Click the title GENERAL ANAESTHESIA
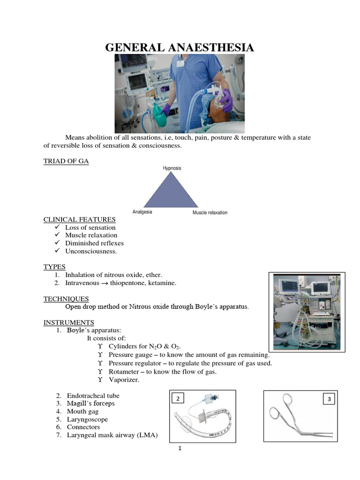pyautogui.click(x=180, y=47)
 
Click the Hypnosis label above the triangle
pyautogui.click(x=172, y=168)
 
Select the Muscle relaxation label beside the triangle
pyautogui.click(x=210, y=212)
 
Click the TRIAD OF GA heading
pyautogui.click(x=66, y=161)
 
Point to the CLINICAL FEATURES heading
pyautogui.click(x=79, y=219)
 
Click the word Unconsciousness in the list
pyautogui.click(x=91, y=251)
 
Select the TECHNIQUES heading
pyautogui.click(x=66, y=299)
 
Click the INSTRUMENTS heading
pyautogui.click(x=69, y=322)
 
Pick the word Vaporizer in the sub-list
pyautogui.click(x=124, y=380)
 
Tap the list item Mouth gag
pyautogui.click(x=83, y=411)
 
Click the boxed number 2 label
pyautogui.click(x=178, y=398)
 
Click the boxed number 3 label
pyautogui.click(x=329, y=399)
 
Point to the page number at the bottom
pyautogui.click(x=180, y=449)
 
